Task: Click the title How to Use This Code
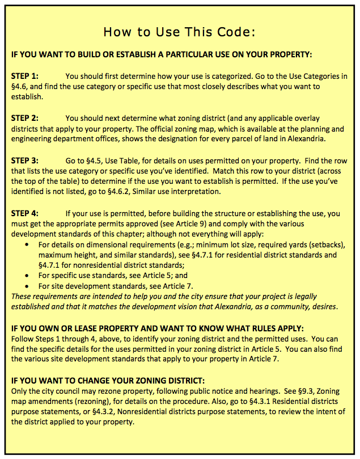coord(180,32)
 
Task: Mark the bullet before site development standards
coord(28,287)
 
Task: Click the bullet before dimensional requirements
coord(28,245)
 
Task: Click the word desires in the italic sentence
coord(322,307)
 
